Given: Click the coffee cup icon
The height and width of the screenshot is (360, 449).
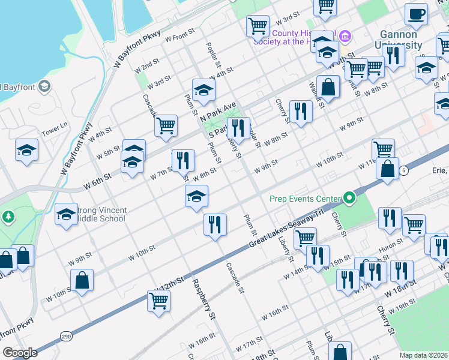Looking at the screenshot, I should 415,13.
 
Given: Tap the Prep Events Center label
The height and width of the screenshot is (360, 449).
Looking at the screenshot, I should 304,198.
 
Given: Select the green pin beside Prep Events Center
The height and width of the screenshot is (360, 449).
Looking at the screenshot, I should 348,198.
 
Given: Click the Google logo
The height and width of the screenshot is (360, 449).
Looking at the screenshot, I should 20,353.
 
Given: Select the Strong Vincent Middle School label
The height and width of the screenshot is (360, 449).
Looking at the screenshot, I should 100,214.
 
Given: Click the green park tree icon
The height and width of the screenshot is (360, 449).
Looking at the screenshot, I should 7,215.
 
